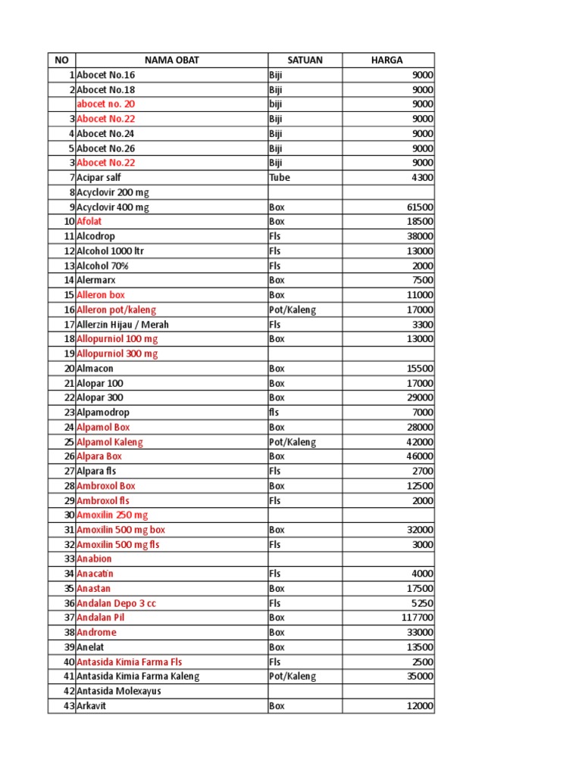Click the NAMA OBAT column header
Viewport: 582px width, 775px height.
click(171, 60)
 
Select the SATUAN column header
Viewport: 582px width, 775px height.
click(305, 60)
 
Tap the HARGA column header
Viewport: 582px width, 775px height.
click(387, 60)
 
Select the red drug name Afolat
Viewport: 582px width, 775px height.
click(89, 221)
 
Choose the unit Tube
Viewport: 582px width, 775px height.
click(280, 177)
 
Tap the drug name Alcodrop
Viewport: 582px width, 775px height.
click(96, 236)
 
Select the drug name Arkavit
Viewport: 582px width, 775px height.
click(92, 706)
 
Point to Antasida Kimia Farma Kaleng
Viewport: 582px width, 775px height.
click(138, 677)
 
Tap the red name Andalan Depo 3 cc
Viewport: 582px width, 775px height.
click(117, 603)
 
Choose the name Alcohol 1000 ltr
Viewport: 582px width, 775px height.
click(108, 251)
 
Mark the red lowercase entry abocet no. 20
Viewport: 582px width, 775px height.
click(106, 104)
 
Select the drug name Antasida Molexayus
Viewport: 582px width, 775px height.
click(119, 691)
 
